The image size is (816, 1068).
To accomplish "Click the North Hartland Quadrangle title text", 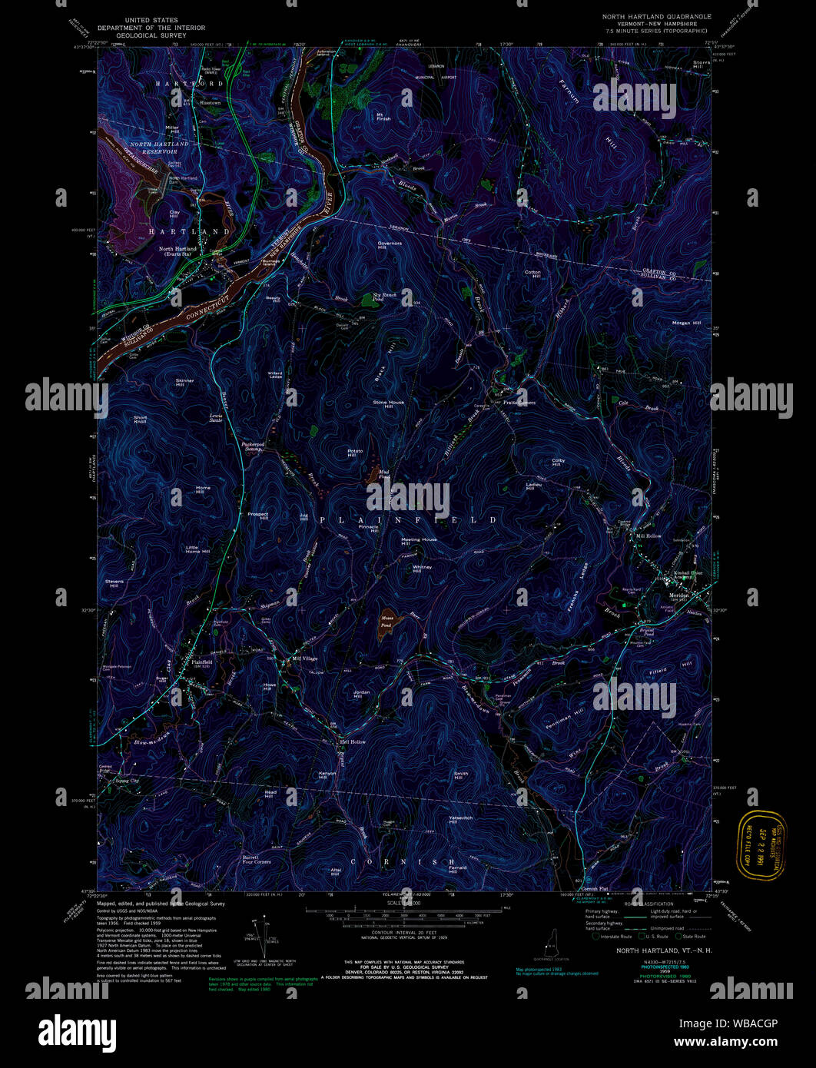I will [657, 16].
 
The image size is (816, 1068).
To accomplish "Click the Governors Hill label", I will [390, 246].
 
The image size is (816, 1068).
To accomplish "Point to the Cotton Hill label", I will [532, 274].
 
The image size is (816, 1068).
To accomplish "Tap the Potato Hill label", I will [354, 453].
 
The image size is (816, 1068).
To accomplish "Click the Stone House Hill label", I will [388, 404].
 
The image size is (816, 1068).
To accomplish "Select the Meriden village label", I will [678, 594].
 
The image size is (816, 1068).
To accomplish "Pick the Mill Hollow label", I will [648, 536].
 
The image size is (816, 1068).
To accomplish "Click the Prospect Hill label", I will [257, 516].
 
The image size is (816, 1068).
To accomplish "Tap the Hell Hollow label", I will [353, 742].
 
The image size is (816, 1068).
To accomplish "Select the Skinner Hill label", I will [184, 382].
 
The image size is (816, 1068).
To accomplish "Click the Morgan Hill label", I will [686, 323].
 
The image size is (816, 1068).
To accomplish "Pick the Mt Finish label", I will [383, 117].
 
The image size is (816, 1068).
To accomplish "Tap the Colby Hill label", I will [558, 463].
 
